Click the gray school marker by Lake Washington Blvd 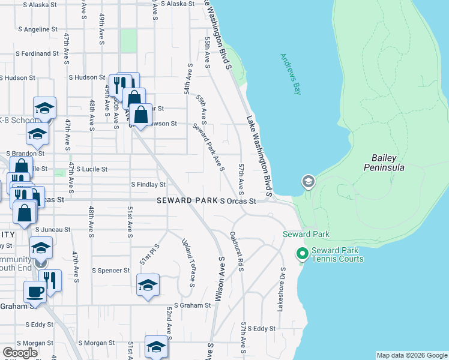point(308,182)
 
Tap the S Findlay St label point(148,185)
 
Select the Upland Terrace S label point(188,263)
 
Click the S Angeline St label point(37,29)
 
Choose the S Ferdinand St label point(37,53)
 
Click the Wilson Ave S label point(220,278)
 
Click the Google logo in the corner point(20,353)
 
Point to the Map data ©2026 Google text point(412,355)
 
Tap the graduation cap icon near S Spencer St point(148,286)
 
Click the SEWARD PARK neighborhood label point(187,200)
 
